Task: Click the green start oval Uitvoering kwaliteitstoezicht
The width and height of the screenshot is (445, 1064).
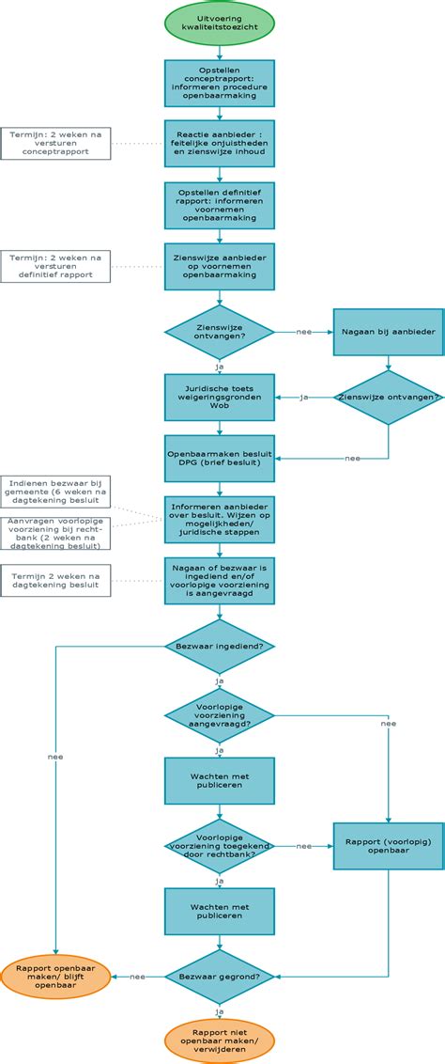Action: tap(220, 23)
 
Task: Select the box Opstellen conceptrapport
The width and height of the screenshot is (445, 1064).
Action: tap(220, 87)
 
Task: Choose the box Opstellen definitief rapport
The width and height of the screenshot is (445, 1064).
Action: tap(220, 204)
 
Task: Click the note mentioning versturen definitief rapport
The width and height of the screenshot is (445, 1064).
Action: tap(55, 265)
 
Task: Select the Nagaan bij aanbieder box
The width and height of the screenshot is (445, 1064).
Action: tap(389, 332)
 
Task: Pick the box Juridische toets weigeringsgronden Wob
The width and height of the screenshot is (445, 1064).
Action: tap(220, 398)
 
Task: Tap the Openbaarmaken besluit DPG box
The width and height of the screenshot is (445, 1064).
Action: tap(220, 457)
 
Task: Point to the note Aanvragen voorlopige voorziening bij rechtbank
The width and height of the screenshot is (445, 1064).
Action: tap(55, 532)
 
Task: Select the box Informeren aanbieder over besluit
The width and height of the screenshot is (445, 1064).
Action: tap(220, 520)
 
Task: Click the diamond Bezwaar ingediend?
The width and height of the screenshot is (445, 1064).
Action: tap(220, 647)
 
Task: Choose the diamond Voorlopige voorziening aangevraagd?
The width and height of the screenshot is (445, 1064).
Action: tap(220, 717)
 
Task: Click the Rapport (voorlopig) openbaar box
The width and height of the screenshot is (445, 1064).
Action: tap(389, 846)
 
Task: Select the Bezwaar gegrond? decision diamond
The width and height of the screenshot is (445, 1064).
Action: tap(220, 977)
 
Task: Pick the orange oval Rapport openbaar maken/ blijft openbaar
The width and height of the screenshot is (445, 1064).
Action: tap(55, 977)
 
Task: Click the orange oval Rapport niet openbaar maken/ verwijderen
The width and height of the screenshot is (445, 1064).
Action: tap(220, 1040)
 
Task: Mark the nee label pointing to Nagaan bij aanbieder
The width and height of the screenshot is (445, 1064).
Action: tap(303, 332)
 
